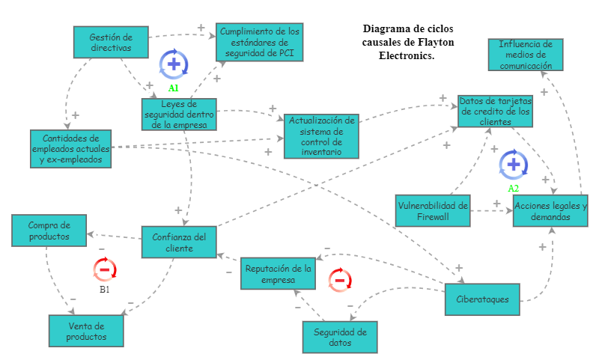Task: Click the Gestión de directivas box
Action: click(x=111, y=42)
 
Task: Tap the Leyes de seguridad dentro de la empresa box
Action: click(x=180, y=114)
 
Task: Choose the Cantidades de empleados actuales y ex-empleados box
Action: click(x=71, y=149)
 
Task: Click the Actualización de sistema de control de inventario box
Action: click(x=321, y=136)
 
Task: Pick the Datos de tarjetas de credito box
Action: click(x=495, y=111)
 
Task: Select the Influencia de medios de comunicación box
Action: click(x=526, y=55)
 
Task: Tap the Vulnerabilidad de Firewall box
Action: click(x=433, y=211)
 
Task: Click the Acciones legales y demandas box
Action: click(x=550, y=211)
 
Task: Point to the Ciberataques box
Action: click(x=481, y=299)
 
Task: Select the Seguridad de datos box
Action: click(x=339, y=338)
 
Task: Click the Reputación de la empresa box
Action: click(x=278, y=274)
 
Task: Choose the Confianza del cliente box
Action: click(x=179, y=242)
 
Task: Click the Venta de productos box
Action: click(x=86, y=332)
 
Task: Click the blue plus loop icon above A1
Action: click(x=174, y=64)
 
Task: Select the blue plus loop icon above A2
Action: click(x=513, y=164)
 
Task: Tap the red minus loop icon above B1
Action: click(x=105, y=269)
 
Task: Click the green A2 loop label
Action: click(x=513, y=188)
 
